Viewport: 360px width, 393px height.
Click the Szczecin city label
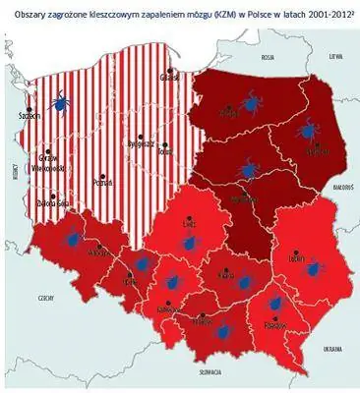coord(30,116)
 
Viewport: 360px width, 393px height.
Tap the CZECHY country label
coord(45,294)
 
